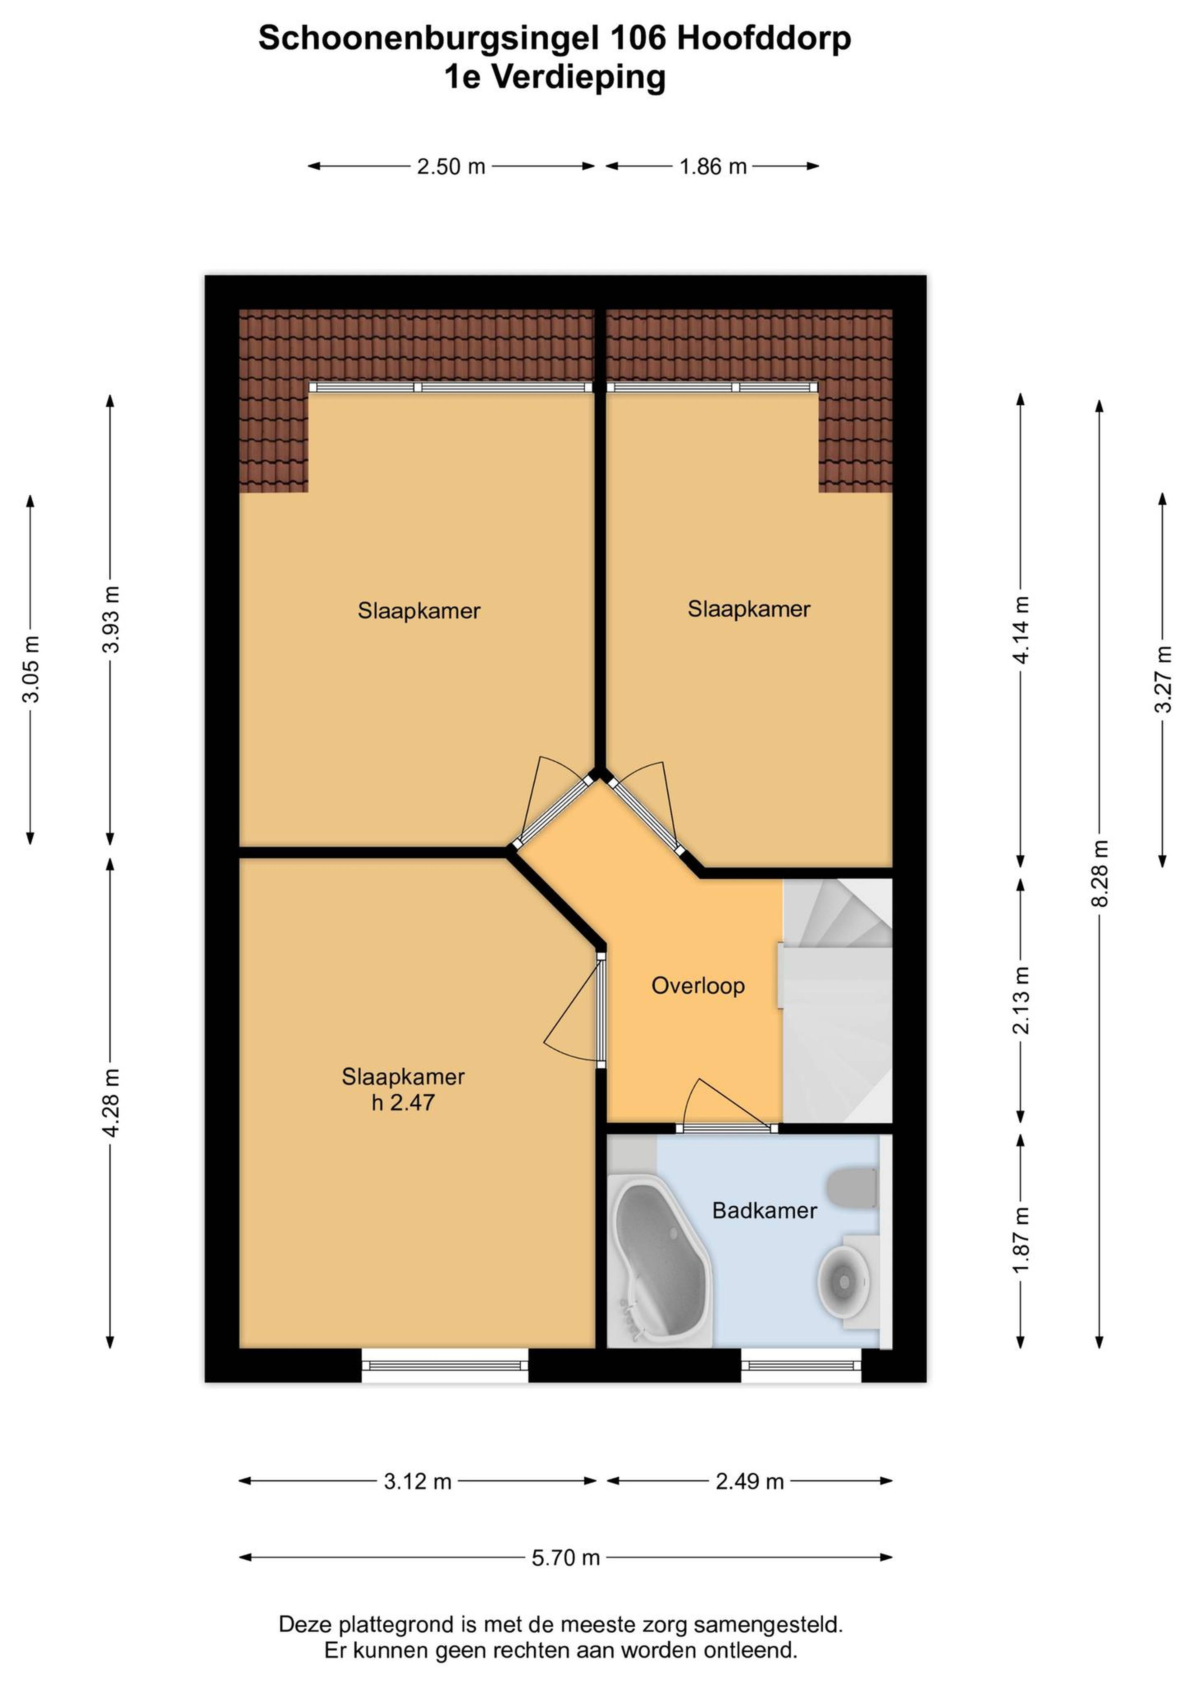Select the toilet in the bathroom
click(x=853, y=1188)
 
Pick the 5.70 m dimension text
click(x=566, y=1558)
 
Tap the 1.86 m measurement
click(x=713, y=167)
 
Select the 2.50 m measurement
click(x=451, y=167)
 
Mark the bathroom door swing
click(x=728, y=1102)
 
